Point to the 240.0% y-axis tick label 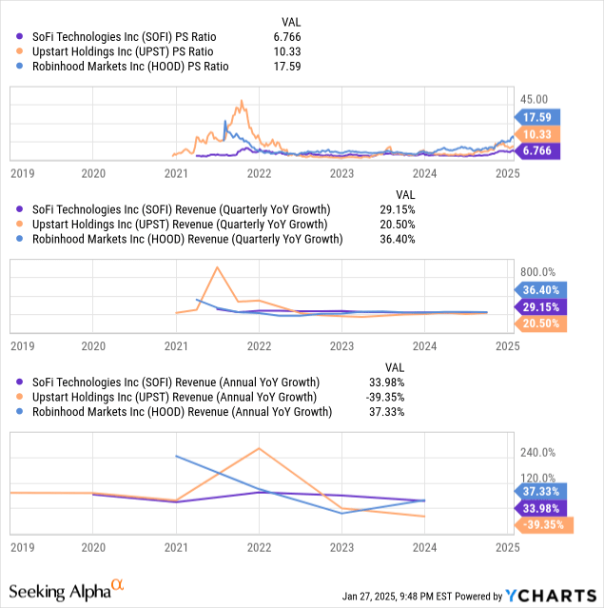tap(537, 452)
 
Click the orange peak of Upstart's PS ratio tap(243, 101)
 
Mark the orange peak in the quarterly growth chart tap(217, 267)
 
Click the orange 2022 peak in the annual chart tap(259, 448)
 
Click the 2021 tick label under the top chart tap(176, 174)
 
